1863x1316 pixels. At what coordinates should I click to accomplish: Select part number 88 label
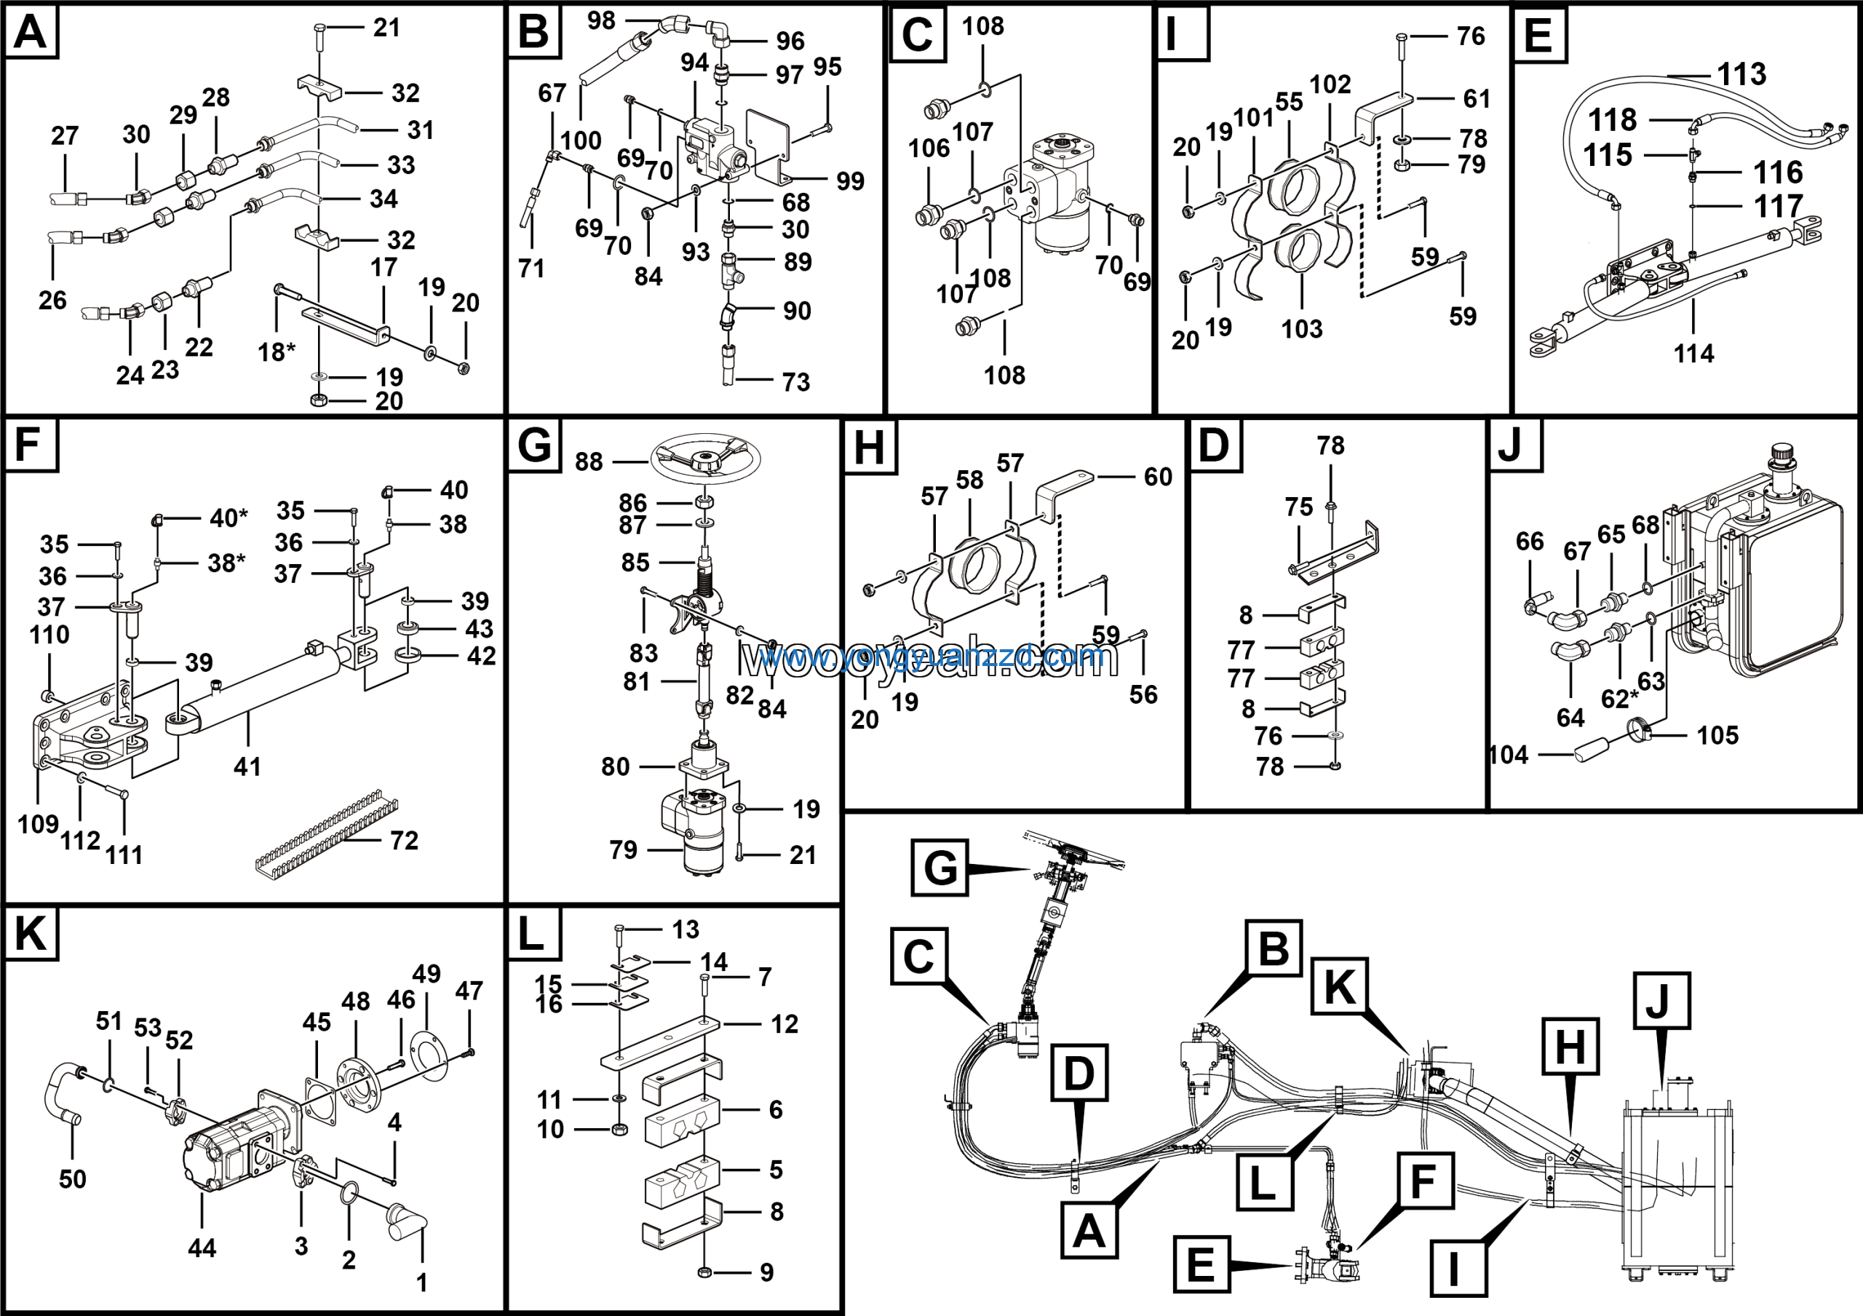(589, 462)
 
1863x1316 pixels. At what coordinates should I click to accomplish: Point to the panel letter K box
(31, 934)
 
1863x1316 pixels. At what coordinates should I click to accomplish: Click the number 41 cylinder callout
(247, 766)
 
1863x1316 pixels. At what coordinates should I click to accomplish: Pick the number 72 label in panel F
(403, 841)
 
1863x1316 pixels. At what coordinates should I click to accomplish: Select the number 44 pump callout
(202, 1248)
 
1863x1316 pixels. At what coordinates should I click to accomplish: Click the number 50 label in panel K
(72, 1179)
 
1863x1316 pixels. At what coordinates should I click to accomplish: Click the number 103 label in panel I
(1301, 330)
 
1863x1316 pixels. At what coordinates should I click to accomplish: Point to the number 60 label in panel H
(1158, 477)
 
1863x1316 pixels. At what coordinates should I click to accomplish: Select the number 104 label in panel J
(1509, 756)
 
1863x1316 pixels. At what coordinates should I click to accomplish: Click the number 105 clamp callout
(1717, 736)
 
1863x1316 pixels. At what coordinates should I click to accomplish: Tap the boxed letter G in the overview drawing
(940, 868)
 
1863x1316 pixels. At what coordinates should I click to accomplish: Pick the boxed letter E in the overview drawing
(1201, 1264)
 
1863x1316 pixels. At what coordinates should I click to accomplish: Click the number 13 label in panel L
(686, 929)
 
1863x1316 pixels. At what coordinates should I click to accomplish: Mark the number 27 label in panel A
(65, 136)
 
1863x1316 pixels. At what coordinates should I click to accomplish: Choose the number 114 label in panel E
(1693, 354)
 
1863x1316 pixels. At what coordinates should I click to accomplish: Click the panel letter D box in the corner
(1214, 445)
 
